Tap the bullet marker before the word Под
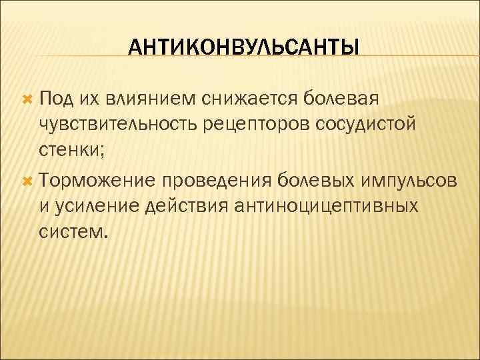coord(27,99)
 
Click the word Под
coord(56,99)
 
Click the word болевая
coord(341,99)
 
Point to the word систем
coord(72,234)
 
